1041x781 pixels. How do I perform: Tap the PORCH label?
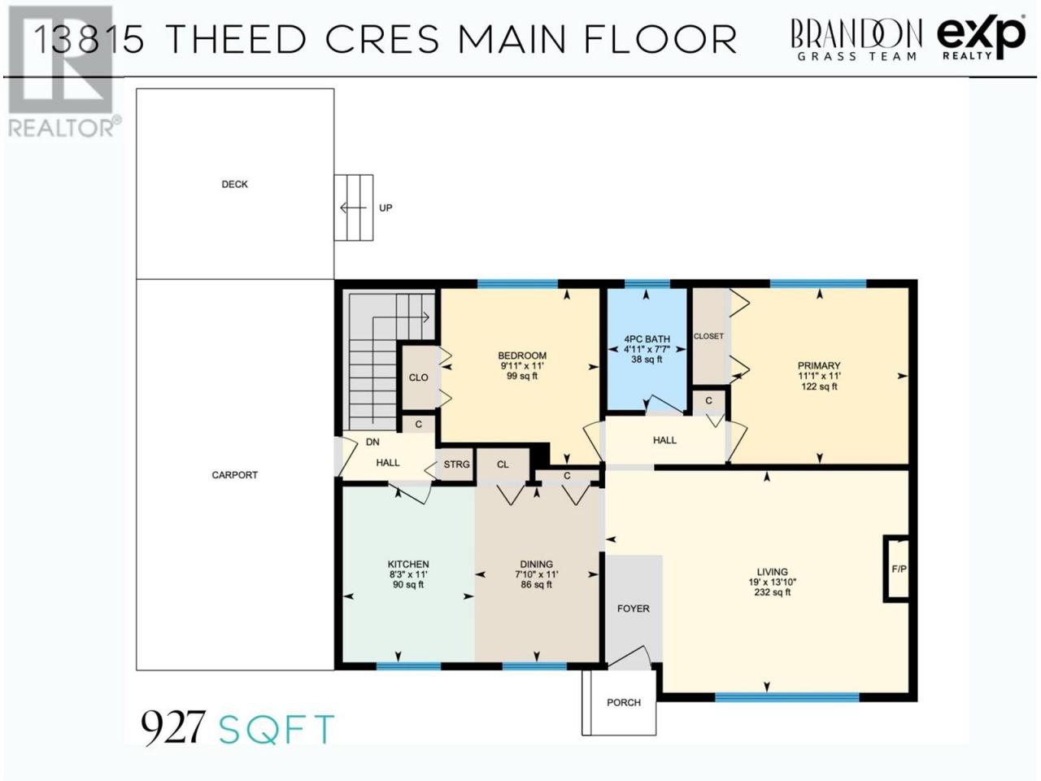click(x=624, y=702)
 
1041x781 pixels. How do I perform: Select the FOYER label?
click(x=633, y=609)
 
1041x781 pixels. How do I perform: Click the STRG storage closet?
click(x=456, y=465)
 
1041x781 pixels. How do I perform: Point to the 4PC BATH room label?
click(x=647, y=339)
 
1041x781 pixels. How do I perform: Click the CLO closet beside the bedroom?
click(x=419, y=377)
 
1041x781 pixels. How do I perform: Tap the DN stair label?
click(x=372, y=442)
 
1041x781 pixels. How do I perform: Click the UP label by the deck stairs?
click(x=385, y=207)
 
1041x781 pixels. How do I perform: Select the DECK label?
click(x=235, y=185)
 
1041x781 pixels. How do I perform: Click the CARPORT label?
click(x=235, y=474)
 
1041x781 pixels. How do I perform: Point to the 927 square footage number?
click(x=172, y=726)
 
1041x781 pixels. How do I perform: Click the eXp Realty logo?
click(x=982, y=37)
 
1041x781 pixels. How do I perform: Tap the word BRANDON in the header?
click(x=856, y=33)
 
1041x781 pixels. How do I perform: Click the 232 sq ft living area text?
click(x=773, y=592)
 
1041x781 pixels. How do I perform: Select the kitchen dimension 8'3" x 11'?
click(x=408, y=574)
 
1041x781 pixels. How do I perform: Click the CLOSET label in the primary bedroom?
click(x=708, y=336)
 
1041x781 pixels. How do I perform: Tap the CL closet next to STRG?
click(x=503, y=465)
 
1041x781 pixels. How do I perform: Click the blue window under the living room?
click(x=787, y=696)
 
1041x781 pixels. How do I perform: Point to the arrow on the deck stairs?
click(x=353, y=207)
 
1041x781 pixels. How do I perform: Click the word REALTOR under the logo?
click(x=62, y=128)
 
